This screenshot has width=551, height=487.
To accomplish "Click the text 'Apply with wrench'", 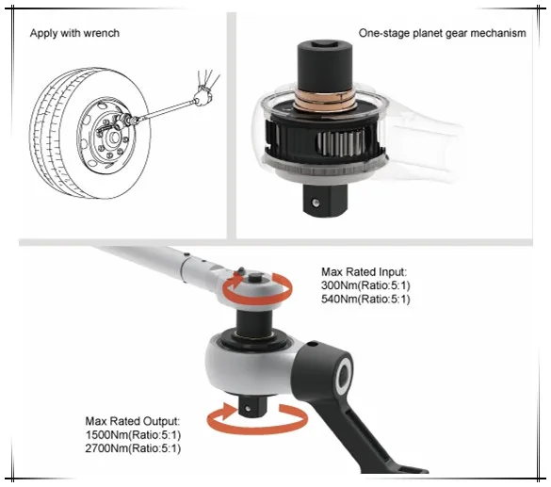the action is tap(74, 33).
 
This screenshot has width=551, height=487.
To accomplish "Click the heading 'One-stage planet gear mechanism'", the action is tap(442, 33).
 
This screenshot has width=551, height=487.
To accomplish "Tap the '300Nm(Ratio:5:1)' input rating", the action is tap(365, 285).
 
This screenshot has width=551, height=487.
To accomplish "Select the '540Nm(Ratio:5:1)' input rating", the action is tap(365, 299).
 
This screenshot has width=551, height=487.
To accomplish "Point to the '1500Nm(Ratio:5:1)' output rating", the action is tap(133, 435).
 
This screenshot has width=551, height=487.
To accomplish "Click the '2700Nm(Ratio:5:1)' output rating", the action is tap(133, 448).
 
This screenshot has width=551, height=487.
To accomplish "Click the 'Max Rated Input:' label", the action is tap(364, 271).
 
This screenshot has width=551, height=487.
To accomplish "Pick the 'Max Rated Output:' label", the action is tap(133, 421).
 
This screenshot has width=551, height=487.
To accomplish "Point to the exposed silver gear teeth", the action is tap(341, 143).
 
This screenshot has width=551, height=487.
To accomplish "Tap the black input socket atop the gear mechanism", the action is tap(325, 66).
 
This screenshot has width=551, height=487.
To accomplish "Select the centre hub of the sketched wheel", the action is tap(114, 137).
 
